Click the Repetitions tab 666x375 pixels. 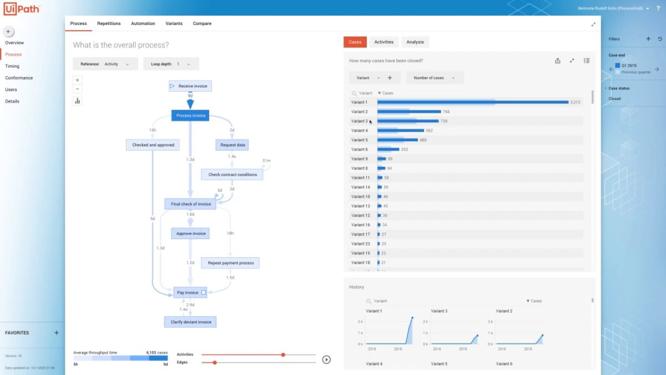point(109,23)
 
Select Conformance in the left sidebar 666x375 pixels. point(19,78)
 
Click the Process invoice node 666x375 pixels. point(190,116)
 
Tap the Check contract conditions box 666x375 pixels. point(233,174)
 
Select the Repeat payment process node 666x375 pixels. point(230,263)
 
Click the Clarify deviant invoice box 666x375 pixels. point(190,322)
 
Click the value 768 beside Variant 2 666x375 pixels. point(446,112)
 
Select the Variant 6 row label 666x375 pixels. point(359,149)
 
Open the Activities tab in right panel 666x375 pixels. point(384,42)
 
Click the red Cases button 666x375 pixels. point(355,42)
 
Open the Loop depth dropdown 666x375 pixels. point(171,64)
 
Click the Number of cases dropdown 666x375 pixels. point(435,78)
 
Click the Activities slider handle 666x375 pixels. point(283,354)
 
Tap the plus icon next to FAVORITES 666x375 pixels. point(56,333)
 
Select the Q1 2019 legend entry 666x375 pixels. point(628,66)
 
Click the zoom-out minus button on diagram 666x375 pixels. point(78,89)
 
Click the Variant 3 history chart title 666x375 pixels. point(439,311)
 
